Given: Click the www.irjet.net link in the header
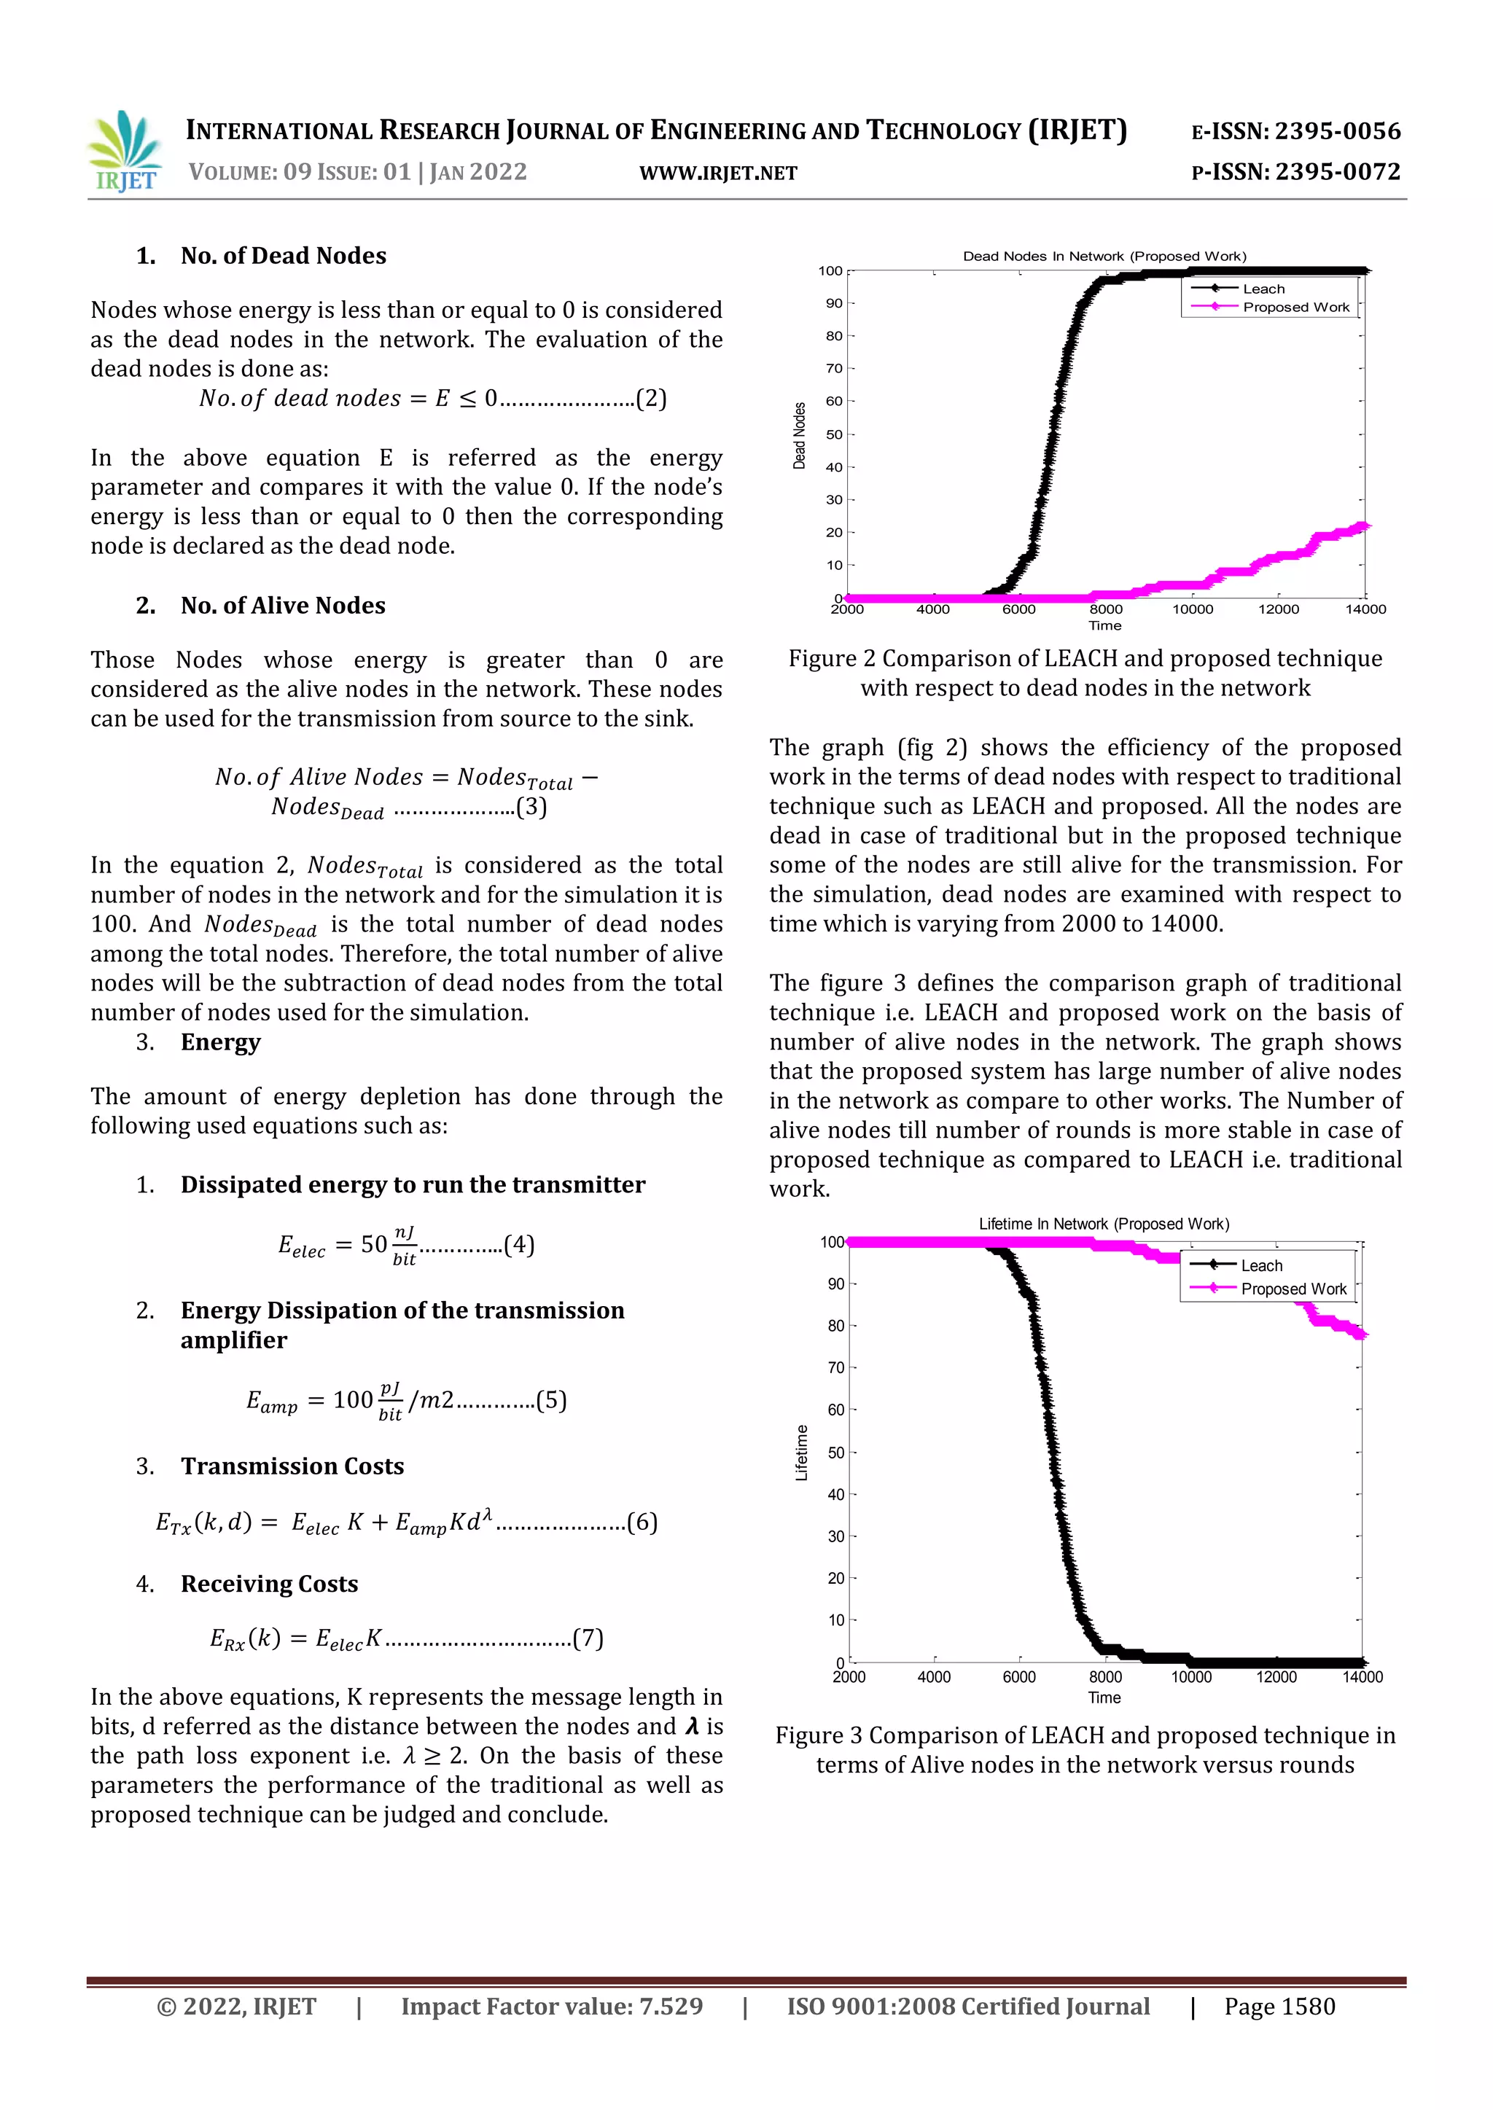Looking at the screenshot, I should (x=718, y=173).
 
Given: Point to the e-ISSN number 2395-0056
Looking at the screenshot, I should (x=1337, y=131).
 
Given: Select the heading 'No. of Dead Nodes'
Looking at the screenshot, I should (x=283, y=256).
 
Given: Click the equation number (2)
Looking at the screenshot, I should (x=651, y=398).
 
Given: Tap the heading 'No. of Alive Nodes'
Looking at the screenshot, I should (x=283, y=606).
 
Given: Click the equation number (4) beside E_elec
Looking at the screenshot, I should (x=518, y=1244).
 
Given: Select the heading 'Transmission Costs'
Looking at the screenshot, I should (x=292, y=1466).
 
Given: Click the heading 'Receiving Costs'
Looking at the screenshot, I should (x=269, y=1584).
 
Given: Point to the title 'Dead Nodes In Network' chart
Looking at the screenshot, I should (x=1104, y=257).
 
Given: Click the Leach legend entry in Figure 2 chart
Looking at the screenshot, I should (x=1263, y=289).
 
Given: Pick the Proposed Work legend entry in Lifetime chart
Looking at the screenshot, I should (x=1293, y=1289).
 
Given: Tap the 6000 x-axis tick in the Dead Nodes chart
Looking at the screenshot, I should (x=1018, y=609).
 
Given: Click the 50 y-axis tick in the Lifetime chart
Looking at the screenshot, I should (x=835, y=1453).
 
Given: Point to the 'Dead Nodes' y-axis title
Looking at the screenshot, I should (x=799, y=436).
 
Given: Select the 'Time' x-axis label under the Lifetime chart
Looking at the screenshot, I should (x=1104, y=1697).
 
